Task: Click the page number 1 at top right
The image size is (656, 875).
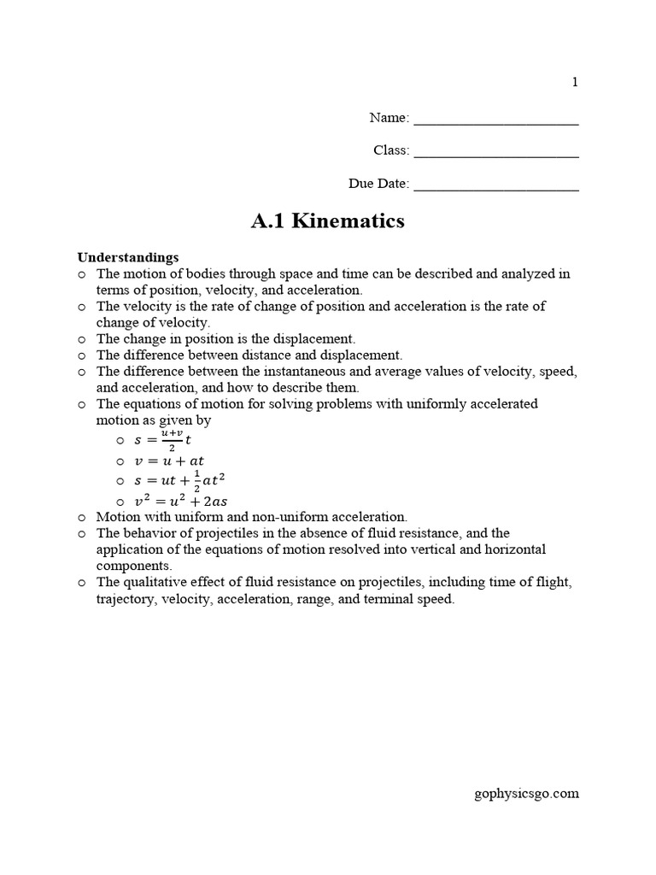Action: [575, 82]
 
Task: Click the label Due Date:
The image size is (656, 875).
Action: [378, 184]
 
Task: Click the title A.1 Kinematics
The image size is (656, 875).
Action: [327, 222]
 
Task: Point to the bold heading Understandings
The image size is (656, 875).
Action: [128, 256]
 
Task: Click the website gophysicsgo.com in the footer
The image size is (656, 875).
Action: [526, 793]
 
